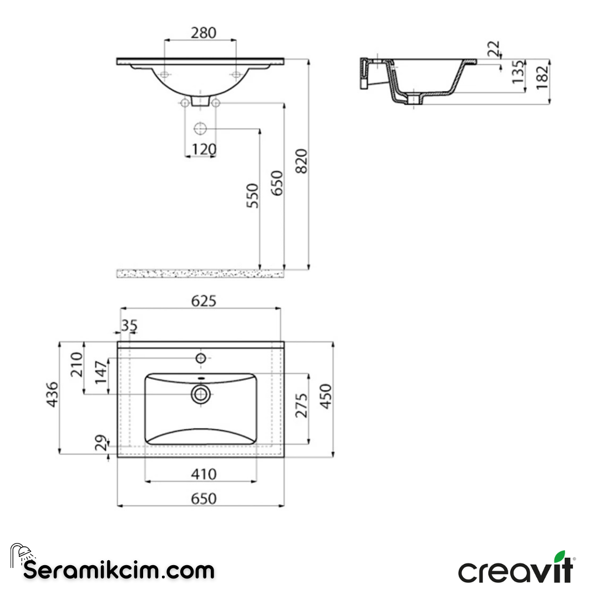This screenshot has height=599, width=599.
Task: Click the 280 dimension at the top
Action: [203, 33]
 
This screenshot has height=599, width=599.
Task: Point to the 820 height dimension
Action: [301, 161]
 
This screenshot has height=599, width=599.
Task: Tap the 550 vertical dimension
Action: [253, 195]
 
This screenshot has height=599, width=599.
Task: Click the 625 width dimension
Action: [203, 301]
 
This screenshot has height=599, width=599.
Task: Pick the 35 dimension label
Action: [129, 326]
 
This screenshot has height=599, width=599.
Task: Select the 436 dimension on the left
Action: [52, 394]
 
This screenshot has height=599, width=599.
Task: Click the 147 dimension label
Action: [100, 372]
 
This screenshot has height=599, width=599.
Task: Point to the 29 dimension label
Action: [100, 444]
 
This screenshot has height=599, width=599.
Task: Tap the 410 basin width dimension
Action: [203, 474]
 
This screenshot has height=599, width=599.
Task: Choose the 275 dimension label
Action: [301, 406]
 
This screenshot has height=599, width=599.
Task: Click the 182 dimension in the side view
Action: [542, 77]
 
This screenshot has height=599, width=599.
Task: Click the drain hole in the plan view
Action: [201, 394]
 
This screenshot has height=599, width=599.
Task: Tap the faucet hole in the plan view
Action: [201, 358]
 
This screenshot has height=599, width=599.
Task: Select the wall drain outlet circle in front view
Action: [200, 129]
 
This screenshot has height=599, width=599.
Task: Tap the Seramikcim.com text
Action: [119, 570]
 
